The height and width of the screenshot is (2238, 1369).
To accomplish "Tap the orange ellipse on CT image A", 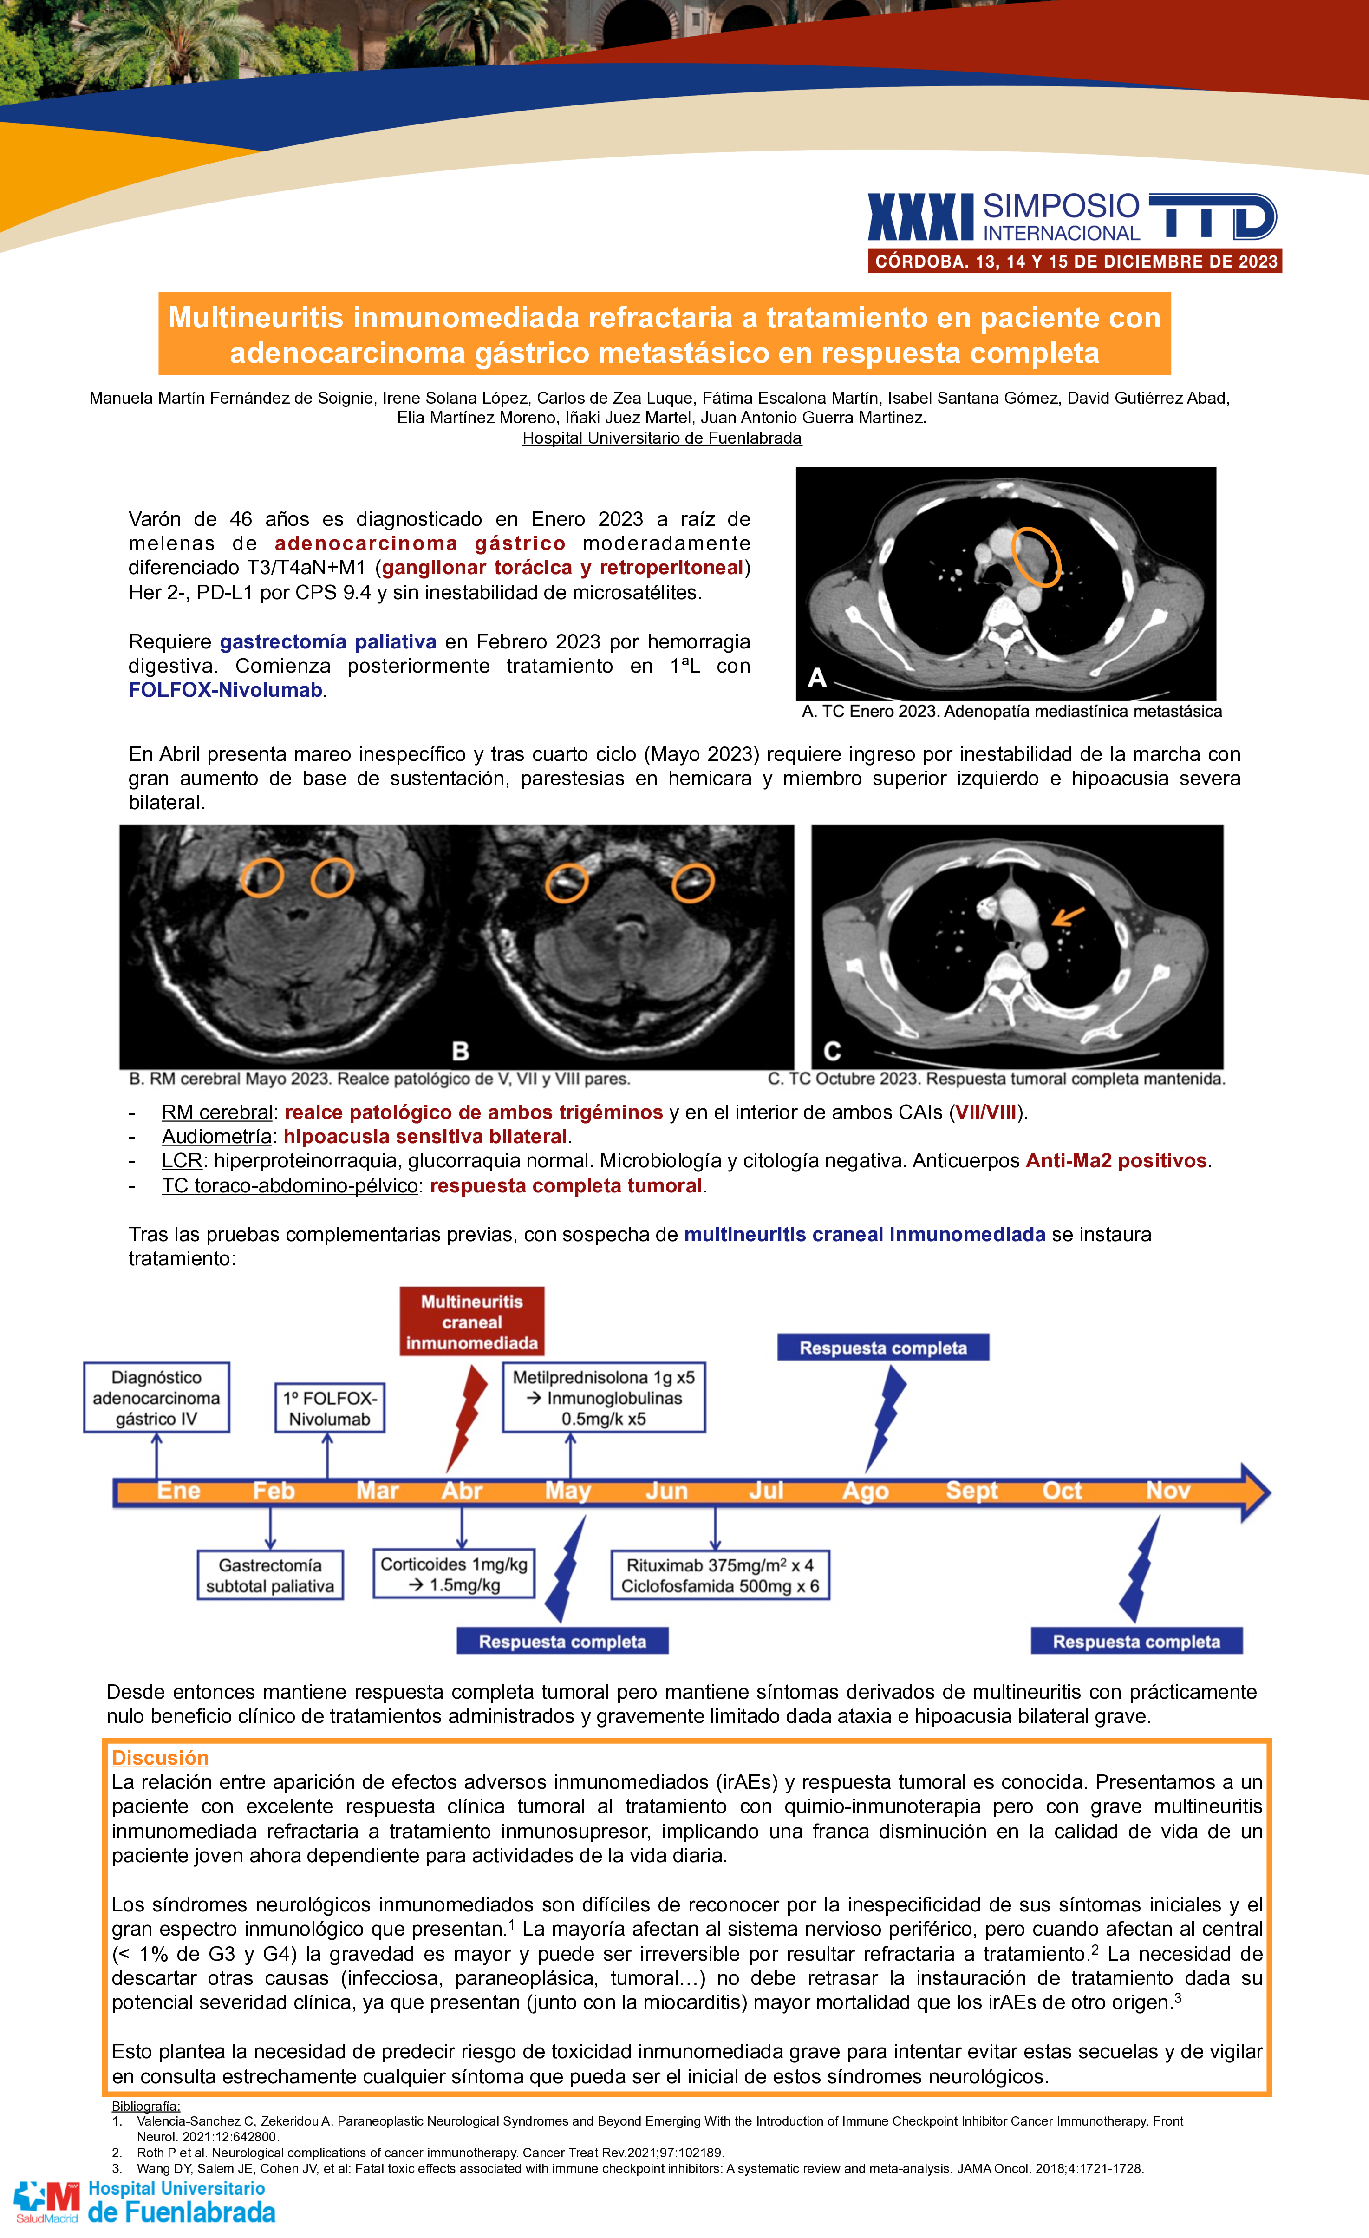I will pos(1036,556).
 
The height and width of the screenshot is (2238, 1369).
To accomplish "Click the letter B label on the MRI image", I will pos(460,1051).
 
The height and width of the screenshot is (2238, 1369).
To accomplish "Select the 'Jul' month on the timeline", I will pos(765,1491).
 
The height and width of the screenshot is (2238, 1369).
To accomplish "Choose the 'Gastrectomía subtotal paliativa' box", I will pos(270,1575).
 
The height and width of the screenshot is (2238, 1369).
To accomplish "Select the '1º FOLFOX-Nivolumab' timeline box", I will pos(330,1408).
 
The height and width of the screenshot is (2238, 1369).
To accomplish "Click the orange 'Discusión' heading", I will pos(160,1758).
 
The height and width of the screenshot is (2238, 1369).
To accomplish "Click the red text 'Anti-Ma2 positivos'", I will pos(1116,1161).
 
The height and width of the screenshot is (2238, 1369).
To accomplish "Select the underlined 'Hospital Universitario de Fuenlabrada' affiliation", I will pos(662,438).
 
